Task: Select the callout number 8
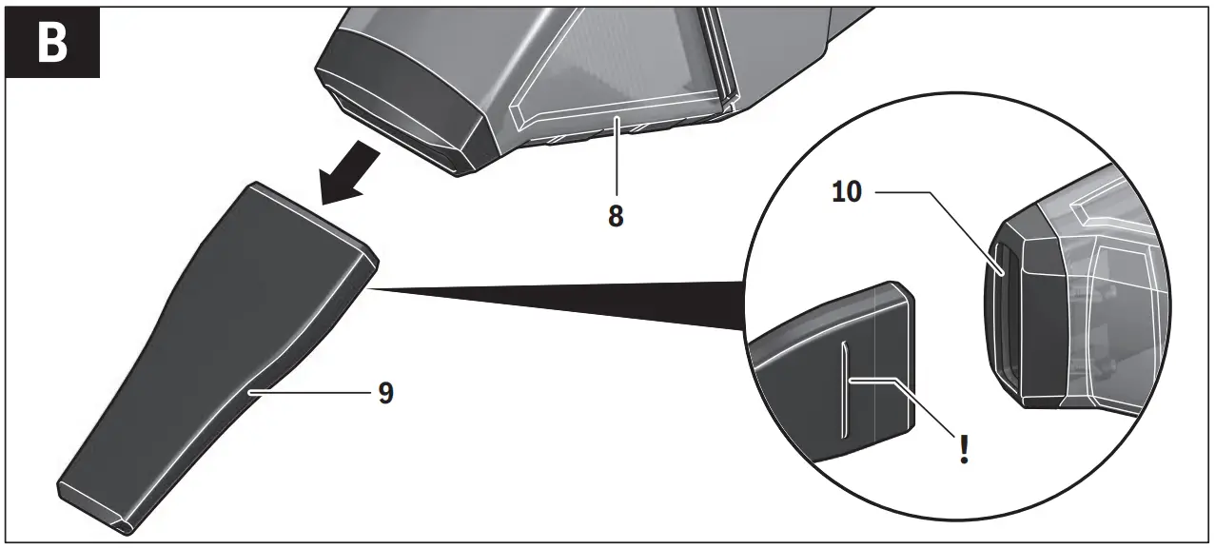point(616,216)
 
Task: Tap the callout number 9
point(385,393)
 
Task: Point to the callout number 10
point(847,192)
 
